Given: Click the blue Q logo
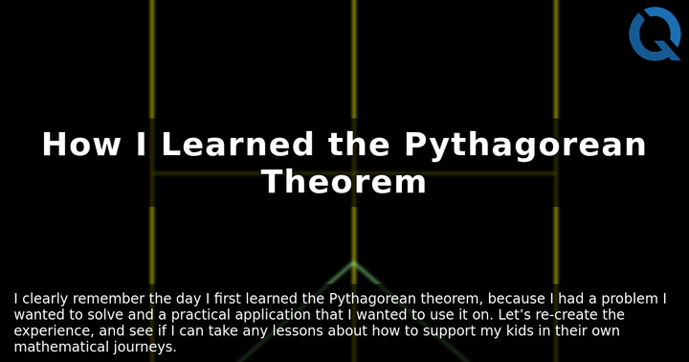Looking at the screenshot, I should click(655, 34).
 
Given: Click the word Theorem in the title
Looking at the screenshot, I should click(344, 181).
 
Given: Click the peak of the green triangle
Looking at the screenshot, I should click(353, 262).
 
